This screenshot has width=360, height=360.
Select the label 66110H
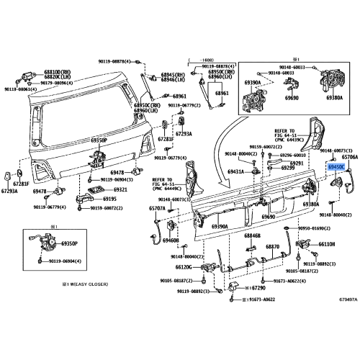pos(327,244)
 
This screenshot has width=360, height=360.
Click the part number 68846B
pos(252,235)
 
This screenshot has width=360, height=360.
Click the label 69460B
pos(171,240)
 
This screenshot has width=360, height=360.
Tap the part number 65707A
pos(157,208)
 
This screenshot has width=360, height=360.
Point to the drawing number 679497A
pos(340,297)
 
